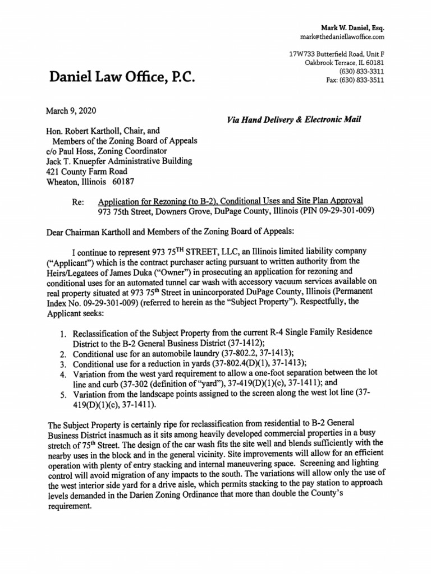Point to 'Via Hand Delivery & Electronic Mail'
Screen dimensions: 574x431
(x=294, y=119)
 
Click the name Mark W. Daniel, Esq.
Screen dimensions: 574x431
(x=352, y=27)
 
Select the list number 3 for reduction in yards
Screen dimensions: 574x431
(x=63, y=363)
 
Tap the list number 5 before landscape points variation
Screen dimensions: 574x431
(x=63, y=394)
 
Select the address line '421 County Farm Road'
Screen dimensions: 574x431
(x=86, y=172)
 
